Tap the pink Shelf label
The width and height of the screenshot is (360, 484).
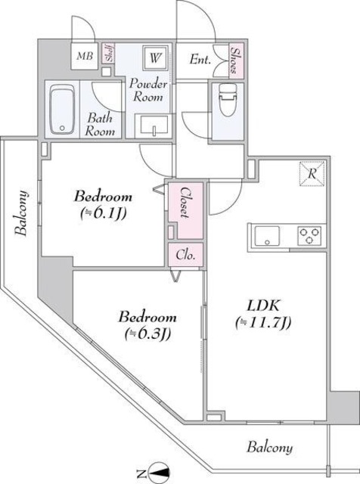(109, 55)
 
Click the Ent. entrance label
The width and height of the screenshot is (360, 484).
(200, 58)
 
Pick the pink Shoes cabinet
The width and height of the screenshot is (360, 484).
(235, 60)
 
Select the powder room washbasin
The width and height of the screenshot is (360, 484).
(154, 126)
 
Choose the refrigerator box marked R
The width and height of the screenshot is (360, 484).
(311, 173)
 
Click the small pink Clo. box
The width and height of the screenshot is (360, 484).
(185, 256)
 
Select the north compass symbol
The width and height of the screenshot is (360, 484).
(157, 473)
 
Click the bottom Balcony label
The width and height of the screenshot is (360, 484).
(268, 448)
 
